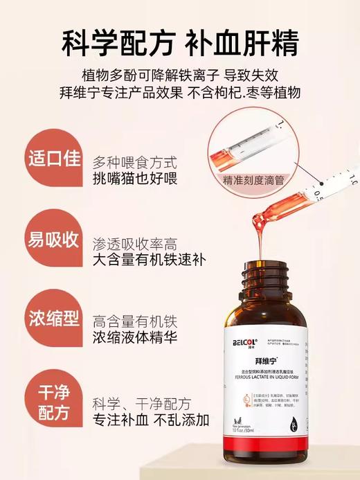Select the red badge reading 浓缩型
pyautogui.click(x=51, y=320)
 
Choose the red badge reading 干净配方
pyautogui.click(x=51, y=402)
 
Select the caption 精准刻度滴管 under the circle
pyautogui.click(x=253, y=179)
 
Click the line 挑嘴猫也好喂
pyautogui.click(x=134, y=179)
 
